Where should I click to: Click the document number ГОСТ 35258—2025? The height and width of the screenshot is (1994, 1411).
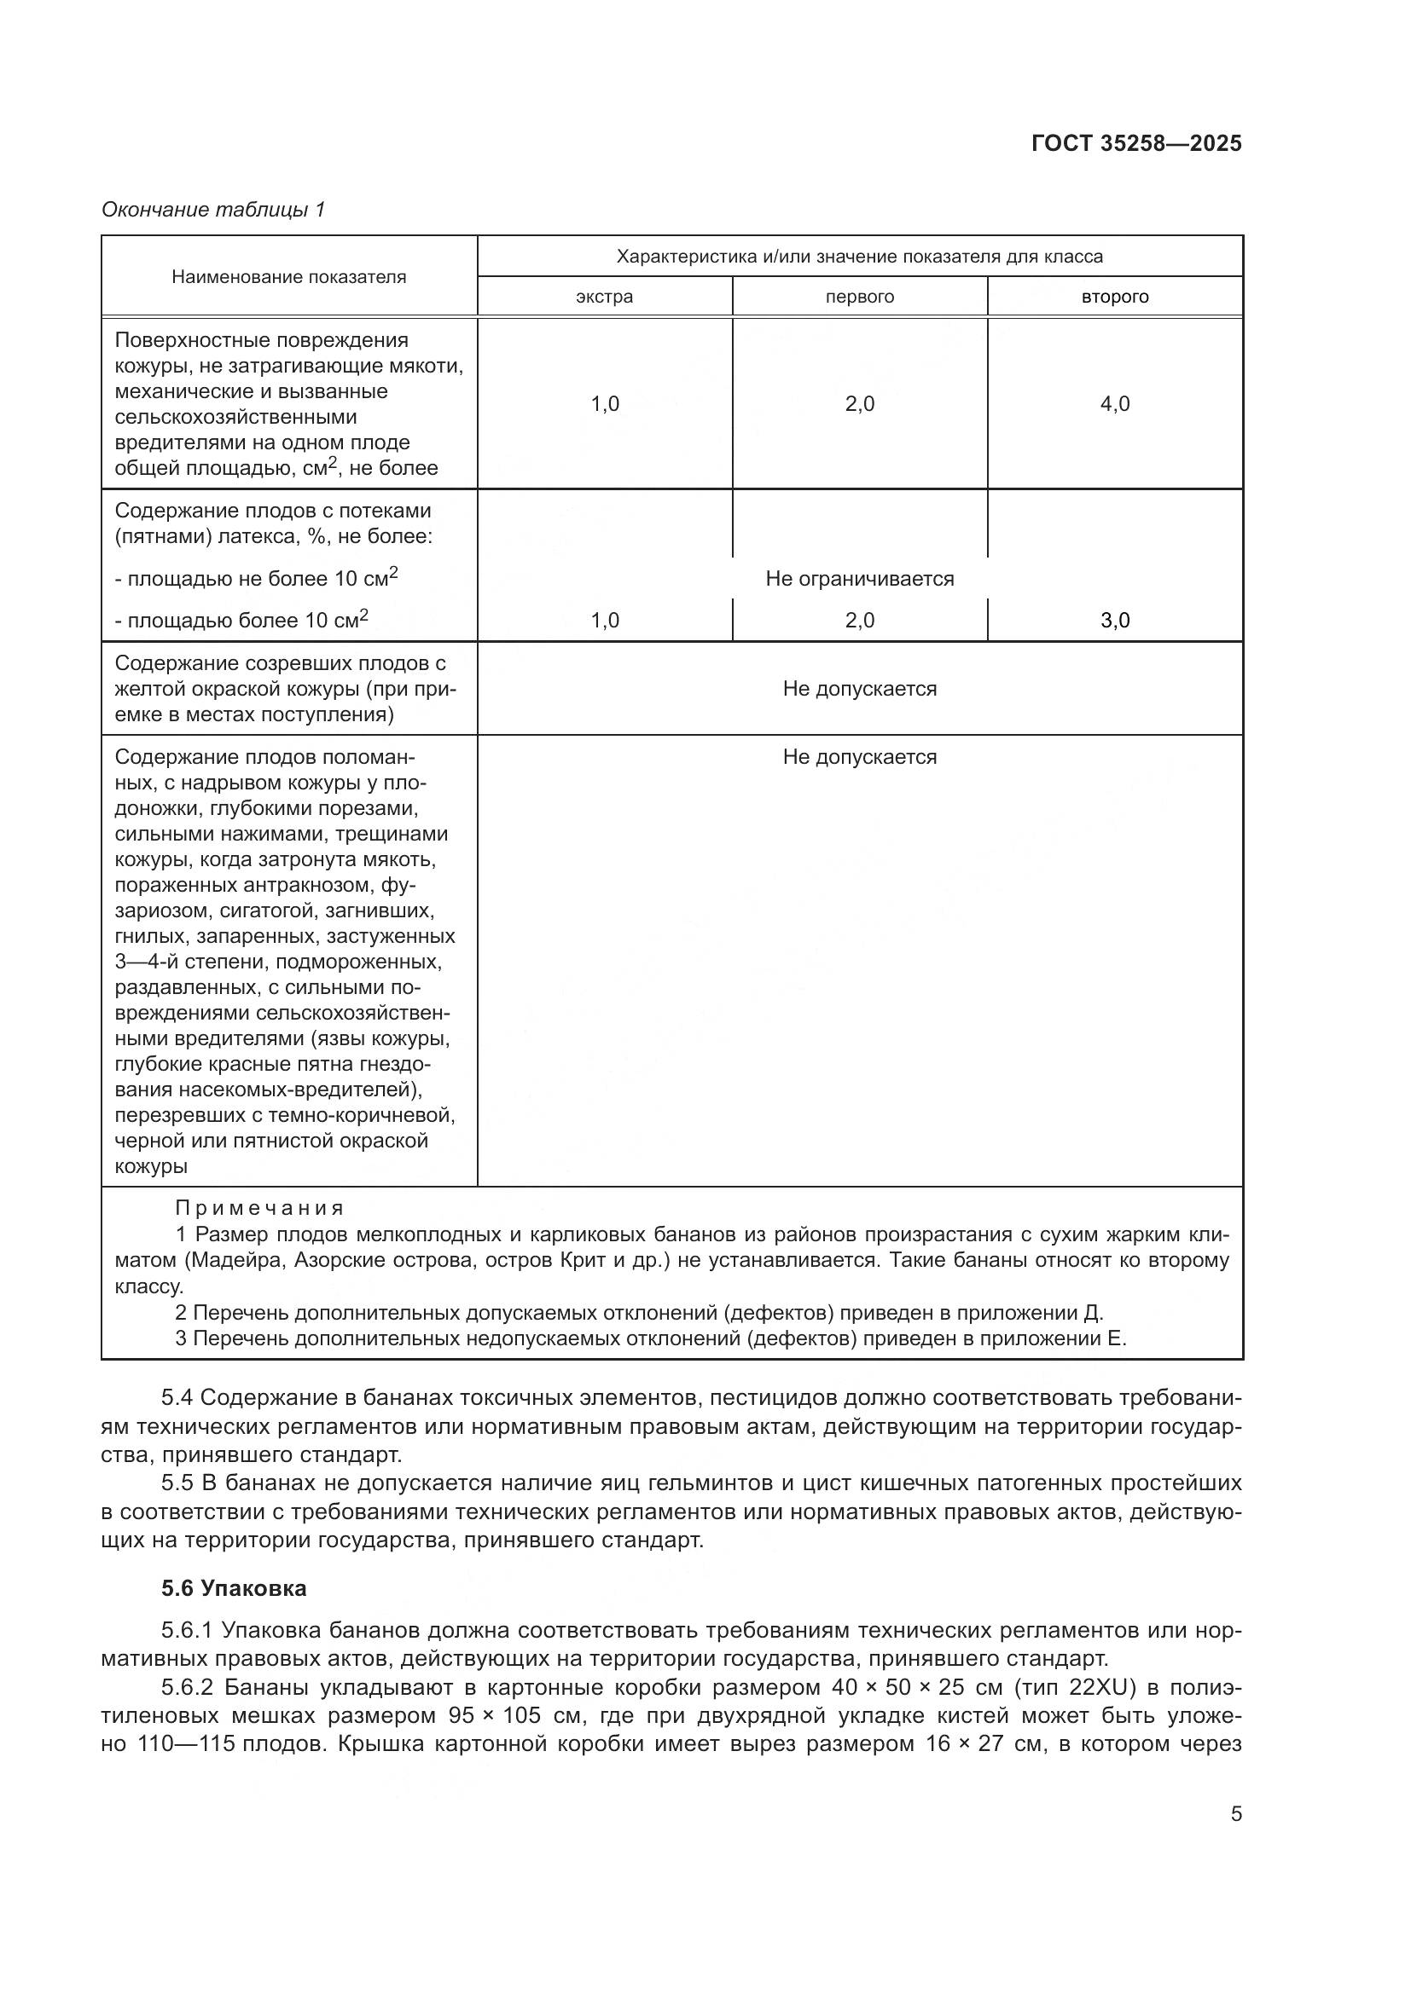(x=1135, y=143)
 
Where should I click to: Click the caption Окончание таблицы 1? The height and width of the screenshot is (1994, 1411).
(x=213, y=210)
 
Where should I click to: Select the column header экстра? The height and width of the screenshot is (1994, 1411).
(x=604, y=297)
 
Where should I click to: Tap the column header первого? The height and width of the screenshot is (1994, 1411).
(x=859, y=297)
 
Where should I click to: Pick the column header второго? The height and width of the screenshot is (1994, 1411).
(x=1115, y=297)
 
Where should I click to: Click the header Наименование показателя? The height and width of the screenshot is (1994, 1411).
(x=288, y=277)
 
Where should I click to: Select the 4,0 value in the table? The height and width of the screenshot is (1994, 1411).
(x=1115, y=404)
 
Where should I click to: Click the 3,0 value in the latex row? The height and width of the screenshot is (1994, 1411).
(x=1115, y=620)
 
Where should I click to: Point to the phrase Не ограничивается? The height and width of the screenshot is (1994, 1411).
(x=859, y=578)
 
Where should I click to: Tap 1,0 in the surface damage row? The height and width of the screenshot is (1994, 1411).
(x=605, y=404)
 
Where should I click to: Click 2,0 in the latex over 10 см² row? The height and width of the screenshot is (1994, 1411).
(x=859, y=620)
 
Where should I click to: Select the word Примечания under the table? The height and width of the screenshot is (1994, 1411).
(x=259, y=1208)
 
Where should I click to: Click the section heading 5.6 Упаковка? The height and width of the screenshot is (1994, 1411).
(x=234, y=1588)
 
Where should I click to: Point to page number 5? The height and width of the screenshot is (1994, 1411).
(x=1235, y=1814)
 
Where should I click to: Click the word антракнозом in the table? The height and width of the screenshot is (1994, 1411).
(x=330, y=885)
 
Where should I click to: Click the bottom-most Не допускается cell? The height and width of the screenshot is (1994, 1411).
(x=859, y=757)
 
